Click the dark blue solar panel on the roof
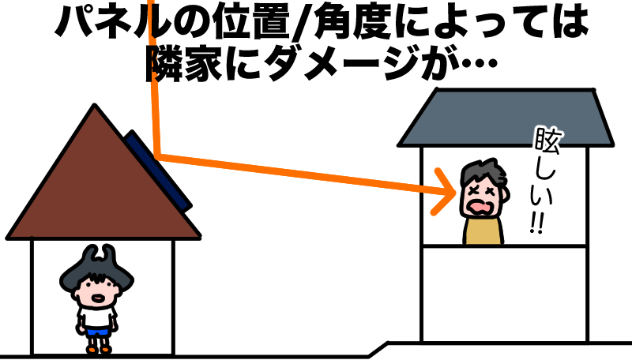(158, 171)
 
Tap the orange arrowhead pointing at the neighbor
(443, 192)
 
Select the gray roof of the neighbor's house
(506, 117)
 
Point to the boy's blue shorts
(96, 332)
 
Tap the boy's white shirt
(97, 317)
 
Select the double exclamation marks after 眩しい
(537, 223)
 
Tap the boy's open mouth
(97, 298)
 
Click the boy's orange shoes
(98, 350)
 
